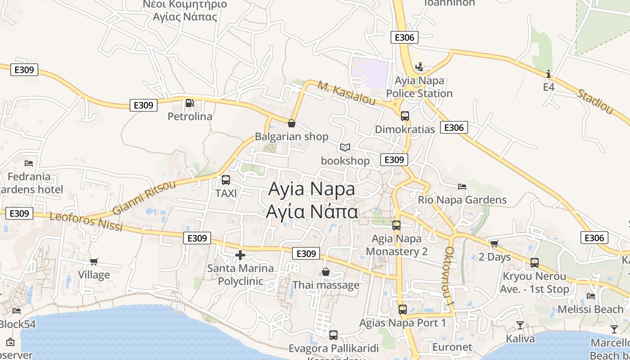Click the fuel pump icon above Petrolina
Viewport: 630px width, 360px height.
tap(189, 103)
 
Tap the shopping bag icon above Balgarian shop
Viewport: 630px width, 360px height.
tap(292, 123)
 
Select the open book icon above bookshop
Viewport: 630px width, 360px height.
tap(345, 147)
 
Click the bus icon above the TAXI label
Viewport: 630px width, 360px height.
tap(226, 180)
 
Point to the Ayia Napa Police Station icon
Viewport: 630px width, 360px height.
tap(419, 67)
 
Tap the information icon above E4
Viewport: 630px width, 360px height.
tap(548, 74)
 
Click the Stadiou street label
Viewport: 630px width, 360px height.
tap(595, 102)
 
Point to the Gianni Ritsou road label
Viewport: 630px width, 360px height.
tap(144, 198)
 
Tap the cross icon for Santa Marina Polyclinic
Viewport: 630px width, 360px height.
tap(240, 255)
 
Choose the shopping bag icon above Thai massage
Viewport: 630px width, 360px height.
tap(326, 272)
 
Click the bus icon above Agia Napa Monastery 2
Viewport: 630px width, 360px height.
tap(396, 225)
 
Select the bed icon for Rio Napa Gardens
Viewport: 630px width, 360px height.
tap(462, 186)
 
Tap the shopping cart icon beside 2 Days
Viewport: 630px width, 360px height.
tap(494, 244)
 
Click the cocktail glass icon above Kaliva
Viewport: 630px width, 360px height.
tap(520, 325)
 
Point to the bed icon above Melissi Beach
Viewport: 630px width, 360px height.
tap(591, 296)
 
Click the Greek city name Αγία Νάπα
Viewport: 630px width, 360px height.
tap(312, 211)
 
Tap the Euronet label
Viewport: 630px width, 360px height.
tap(452, 347)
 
